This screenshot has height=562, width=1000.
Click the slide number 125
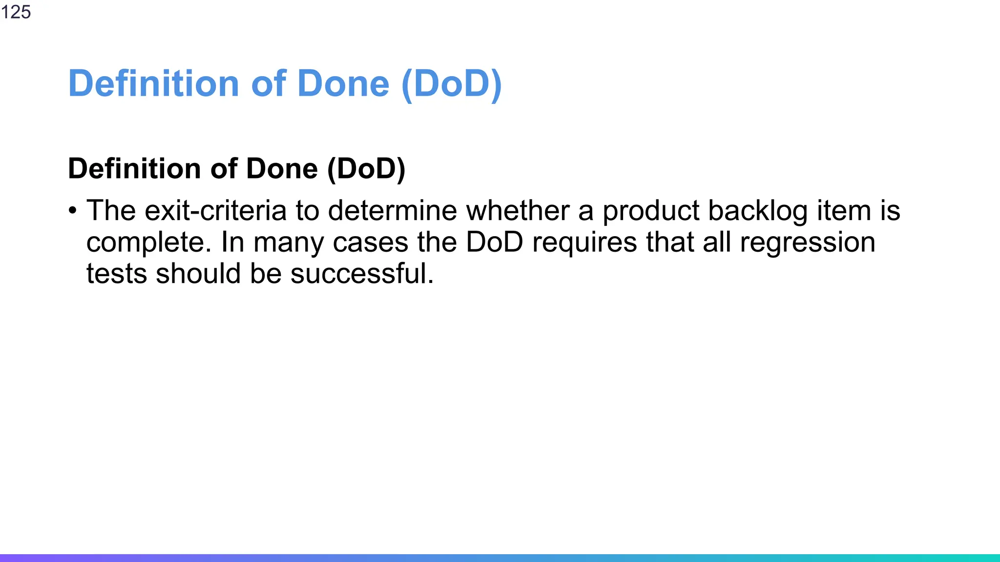16,12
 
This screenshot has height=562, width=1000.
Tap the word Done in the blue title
343,83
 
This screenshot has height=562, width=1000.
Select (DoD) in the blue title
451,83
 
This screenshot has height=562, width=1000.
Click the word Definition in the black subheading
134,169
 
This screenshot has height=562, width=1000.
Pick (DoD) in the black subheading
366,169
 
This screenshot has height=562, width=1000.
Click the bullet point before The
73,211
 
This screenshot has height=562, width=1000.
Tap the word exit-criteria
215,211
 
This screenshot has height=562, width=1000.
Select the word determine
392,211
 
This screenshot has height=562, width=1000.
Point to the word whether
518,211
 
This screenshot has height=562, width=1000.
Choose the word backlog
758,211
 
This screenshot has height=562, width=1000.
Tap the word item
843,211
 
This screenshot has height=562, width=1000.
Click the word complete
148,242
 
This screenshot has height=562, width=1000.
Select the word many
288,242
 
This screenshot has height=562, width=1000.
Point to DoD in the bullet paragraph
494,242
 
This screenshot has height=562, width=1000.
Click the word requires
584,242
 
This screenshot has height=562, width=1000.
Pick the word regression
807,242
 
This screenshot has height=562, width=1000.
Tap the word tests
117,274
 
